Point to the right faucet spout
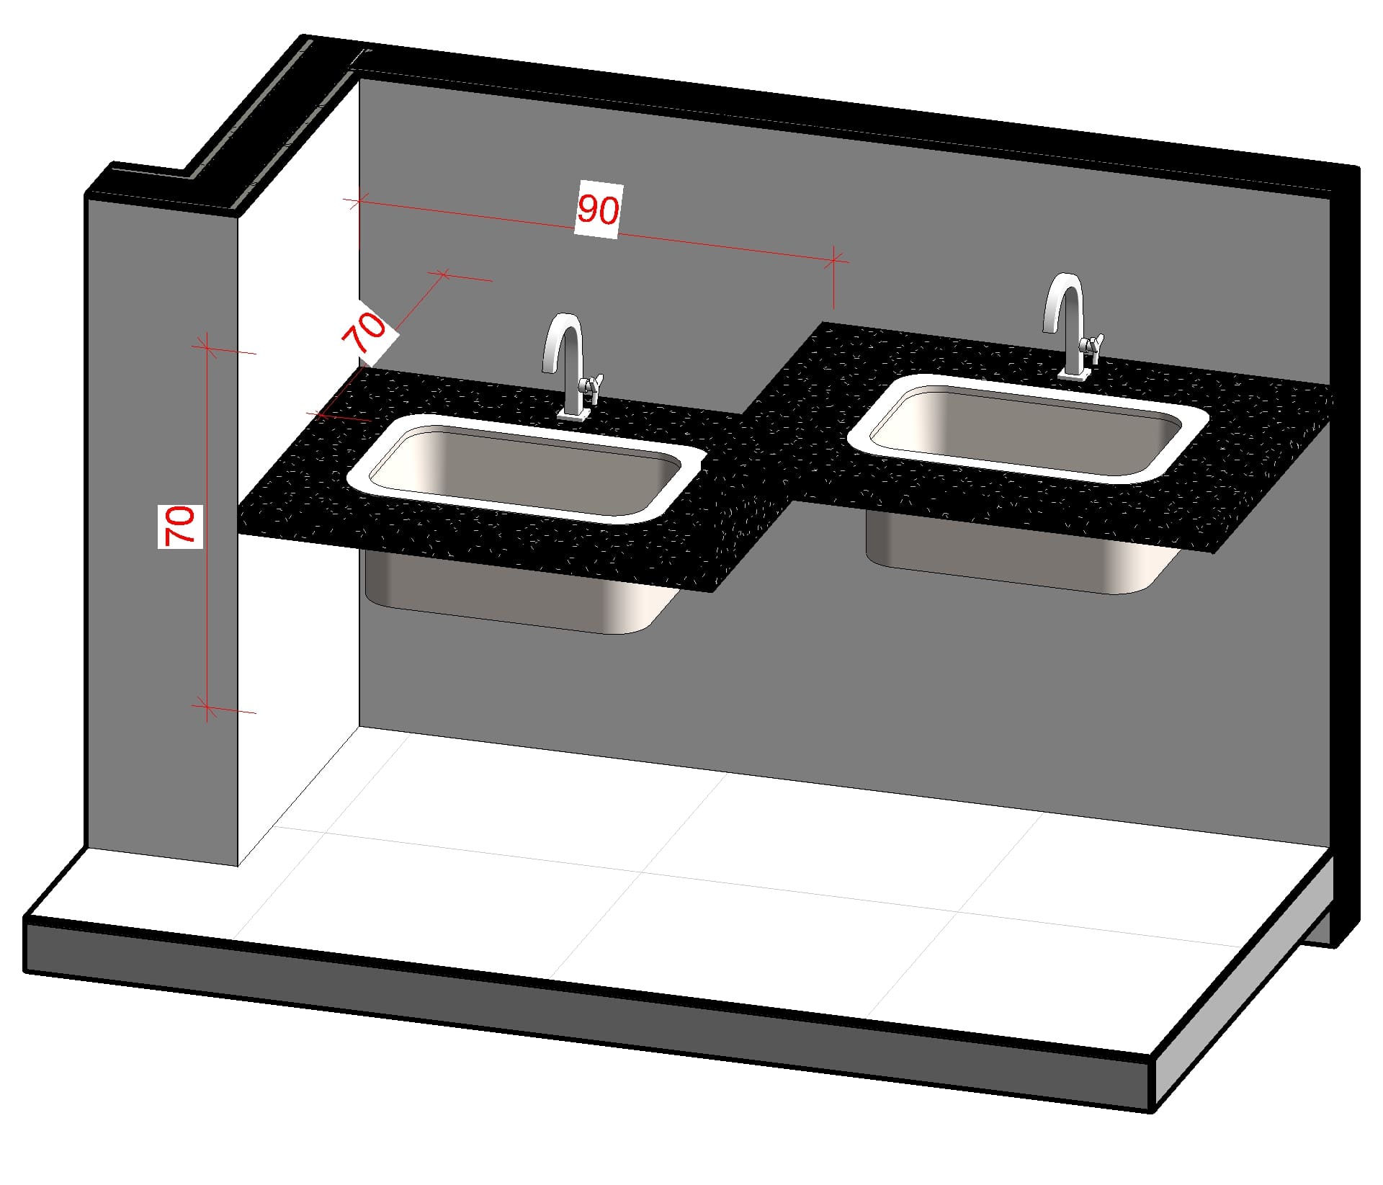coord(1062,303)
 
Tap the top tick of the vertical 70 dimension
coord(207,348)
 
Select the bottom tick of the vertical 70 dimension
coord(207,707)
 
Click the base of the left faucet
coord(573,414)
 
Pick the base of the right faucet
coord(1075,373)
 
